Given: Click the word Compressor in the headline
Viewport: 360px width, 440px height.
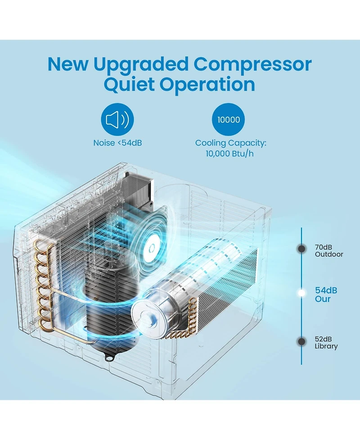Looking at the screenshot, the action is click(x=252, y=64).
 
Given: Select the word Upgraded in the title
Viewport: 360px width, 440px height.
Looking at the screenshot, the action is click(x=141, y=64).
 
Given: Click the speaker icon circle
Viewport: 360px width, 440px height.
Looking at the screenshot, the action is click(x=117, y=119).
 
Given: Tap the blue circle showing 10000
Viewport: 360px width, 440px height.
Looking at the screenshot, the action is click(x=228, y=119).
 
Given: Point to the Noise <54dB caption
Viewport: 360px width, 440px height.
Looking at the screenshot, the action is click(x=117, y=143).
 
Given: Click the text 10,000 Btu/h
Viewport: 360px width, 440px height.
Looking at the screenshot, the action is click(x=229, y=154).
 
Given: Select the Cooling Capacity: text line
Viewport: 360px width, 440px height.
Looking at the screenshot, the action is click(x=230, y=143).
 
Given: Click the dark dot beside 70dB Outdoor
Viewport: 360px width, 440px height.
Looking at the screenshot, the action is click(x=301, y=249).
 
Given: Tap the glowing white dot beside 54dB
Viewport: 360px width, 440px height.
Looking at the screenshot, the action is click(x=301, y=293).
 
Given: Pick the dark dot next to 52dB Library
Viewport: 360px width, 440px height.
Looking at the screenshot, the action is click(x=301, y=341).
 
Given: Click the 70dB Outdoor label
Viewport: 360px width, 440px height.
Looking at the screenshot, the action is click(x=328, y=251).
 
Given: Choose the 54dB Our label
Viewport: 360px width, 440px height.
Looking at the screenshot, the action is click(x=326, y=295).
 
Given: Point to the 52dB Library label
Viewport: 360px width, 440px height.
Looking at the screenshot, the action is click(x=326, y=343).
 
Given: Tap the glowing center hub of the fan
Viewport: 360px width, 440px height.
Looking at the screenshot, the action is click(x=152, y=248).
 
